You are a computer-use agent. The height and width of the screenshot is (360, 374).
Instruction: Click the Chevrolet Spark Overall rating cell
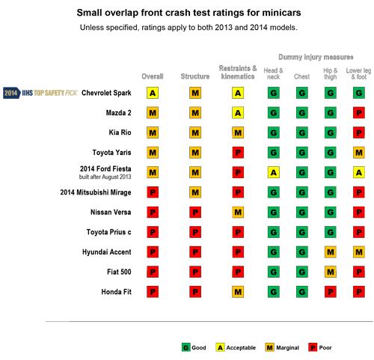153,93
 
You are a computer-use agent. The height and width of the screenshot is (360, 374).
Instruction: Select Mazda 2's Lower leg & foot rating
359,113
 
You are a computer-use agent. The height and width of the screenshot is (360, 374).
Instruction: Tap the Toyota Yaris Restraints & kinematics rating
238,153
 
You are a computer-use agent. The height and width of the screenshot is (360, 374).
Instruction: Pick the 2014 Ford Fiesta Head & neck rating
274,172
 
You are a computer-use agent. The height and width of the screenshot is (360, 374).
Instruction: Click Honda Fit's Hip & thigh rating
331,292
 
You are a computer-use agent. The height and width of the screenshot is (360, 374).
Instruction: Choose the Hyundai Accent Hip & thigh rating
331,252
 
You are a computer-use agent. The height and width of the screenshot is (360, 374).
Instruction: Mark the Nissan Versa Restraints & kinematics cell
238,213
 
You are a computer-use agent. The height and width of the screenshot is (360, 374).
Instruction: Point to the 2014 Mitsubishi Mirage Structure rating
195,192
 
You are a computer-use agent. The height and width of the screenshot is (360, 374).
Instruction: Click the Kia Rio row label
120,132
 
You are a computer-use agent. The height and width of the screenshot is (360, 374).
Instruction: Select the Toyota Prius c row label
108,232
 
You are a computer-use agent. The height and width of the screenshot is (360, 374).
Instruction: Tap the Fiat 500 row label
119,272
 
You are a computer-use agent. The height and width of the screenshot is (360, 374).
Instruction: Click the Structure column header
195,76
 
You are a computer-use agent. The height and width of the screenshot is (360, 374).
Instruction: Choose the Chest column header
301,76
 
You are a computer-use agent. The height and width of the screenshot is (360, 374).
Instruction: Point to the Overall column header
153,76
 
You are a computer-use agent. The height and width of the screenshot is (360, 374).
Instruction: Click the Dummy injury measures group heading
316,57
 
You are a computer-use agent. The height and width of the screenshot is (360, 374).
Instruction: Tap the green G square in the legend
186,347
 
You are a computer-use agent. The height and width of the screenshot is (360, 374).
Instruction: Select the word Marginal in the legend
287,347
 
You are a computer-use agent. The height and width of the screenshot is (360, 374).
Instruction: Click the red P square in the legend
313,347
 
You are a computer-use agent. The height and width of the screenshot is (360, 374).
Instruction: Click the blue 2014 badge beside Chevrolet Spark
12,93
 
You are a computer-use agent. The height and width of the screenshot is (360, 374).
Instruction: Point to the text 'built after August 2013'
105,177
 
